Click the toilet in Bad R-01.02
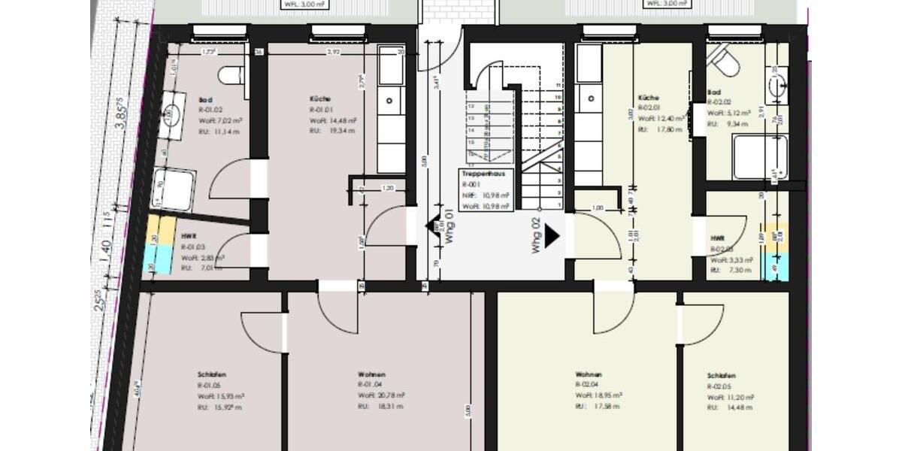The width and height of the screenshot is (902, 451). [x=232, y=74]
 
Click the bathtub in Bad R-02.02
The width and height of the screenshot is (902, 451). [x=760, y=157]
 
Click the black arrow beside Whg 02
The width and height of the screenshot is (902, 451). [x=552, y=236]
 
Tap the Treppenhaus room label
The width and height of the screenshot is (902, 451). [x=483, y=174]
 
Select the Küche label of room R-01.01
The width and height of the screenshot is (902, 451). [x=320, y=99]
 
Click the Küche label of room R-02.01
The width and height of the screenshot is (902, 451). [x=649, y=98]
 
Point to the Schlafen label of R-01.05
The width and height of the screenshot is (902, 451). [x=213, y=374]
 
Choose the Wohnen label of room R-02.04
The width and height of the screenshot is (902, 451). [x=589, y=374]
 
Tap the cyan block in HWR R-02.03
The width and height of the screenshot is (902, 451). [x=775, y=267]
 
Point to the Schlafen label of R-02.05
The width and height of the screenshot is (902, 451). [x=721, y=375]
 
